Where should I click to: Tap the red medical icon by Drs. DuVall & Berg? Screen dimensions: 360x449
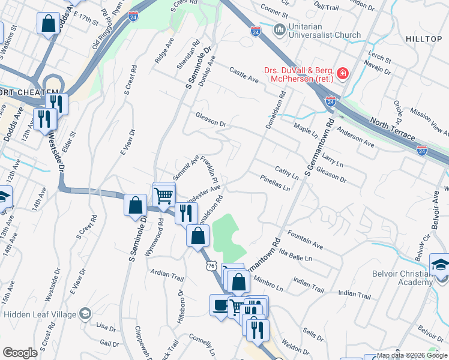[x=342, y=74]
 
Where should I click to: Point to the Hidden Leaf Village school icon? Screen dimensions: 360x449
[x=85, y=314]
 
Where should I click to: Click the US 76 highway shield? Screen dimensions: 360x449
[x=210, y=265]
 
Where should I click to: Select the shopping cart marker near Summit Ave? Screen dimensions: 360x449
[x=163, y=194]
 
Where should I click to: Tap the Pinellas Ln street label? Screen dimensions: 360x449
[x=276, y=183]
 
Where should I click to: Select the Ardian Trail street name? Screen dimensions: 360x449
[x=167, y=275]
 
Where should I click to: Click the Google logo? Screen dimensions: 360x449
[x=20, y=353]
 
